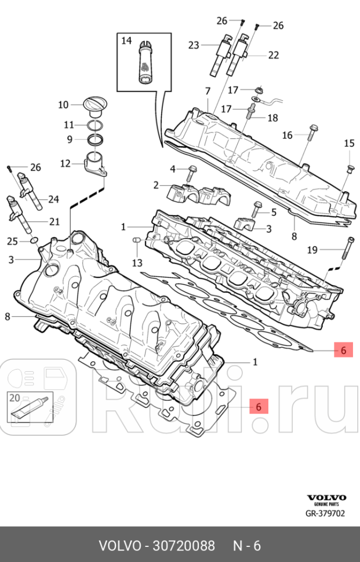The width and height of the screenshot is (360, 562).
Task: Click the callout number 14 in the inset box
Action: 126,41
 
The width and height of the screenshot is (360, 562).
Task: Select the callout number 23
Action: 193,45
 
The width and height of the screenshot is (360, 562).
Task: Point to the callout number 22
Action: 274,55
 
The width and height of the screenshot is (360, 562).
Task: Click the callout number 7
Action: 207,91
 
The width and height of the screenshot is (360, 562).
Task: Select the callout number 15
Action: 349,143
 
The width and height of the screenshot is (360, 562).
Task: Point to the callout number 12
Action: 66,163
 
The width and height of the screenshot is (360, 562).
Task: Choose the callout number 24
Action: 53,199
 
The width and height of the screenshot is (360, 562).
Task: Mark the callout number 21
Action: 54,221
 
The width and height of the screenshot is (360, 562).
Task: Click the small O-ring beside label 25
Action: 34,240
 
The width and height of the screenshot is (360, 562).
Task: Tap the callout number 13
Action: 136,262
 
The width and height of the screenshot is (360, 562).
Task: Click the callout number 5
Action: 274,212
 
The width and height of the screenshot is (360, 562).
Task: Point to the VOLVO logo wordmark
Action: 326,497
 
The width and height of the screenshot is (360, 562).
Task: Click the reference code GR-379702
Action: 326,513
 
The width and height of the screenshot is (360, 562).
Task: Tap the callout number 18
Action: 272,118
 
